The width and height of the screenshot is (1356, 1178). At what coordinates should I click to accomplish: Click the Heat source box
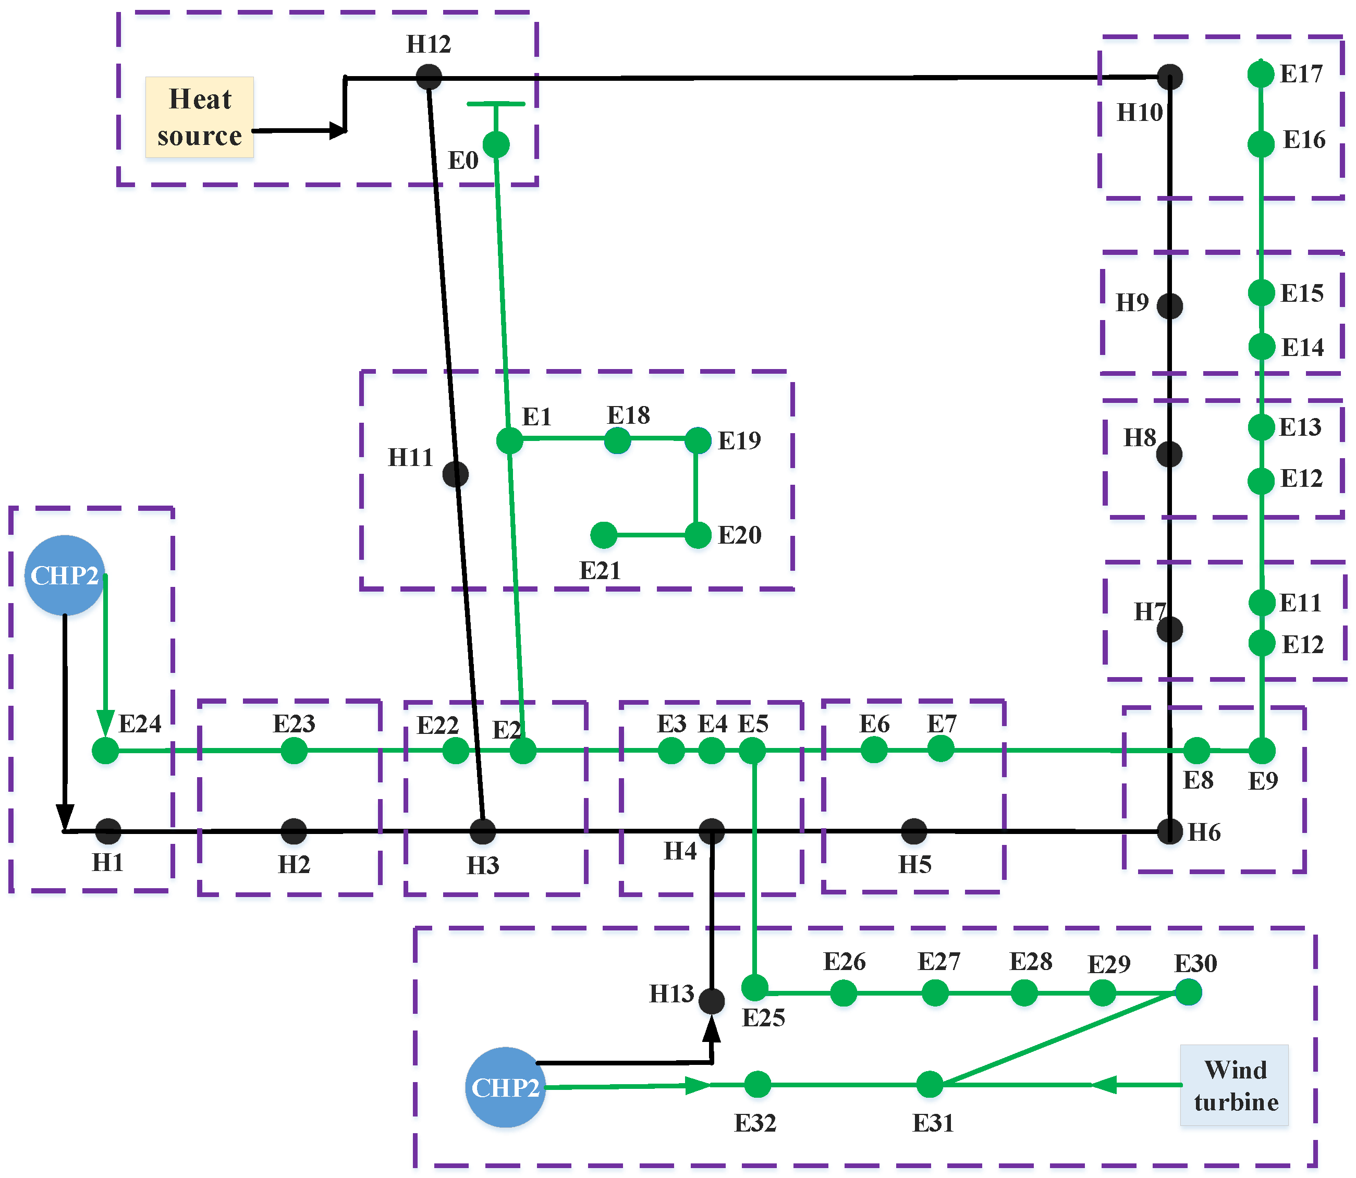point(199,117)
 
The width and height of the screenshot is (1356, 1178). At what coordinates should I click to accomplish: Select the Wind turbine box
point(1235,1085)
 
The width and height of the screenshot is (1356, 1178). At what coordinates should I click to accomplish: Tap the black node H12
point(429,77)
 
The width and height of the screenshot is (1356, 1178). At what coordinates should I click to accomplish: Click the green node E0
point(496,144)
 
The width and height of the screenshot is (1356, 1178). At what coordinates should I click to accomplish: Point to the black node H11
point(455,474)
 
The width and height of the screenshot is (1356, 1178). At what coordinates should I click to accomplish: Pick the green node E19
point(698,440)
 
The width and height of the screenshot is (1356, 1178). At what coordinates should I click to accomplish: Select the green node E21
point(604,535)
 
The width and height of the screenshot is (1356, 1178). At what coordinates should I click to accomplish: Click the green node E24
point(105,750)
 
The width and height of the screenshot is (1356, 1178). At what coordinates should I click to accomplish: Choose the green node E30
point(1188,992)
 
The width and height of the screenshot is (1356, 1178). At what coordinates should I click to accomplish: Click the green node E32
point(758,1085)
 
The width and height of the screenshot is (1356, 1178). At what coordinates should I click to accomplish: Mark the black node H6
point(1170,831)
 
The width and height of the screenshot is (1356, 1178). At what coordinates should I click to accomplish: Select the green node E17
point(1261,73)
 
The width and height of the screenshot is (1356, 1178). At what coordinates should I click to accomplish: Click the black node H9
point(1170,305)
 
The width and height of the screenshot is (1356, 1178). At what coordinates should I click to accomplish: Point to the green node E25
point(754,987)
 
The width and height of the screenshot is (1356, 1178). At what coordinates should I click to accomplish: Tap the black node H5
point(914,831)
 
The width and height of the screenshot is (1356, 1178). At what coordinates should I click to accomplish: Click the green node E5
point(752,750)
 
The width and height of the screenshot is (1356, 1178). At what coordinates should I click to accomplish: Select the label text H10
point(1140,113)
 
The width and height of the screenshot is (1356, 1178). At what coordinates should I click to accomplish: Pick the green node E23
point(294,750)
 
